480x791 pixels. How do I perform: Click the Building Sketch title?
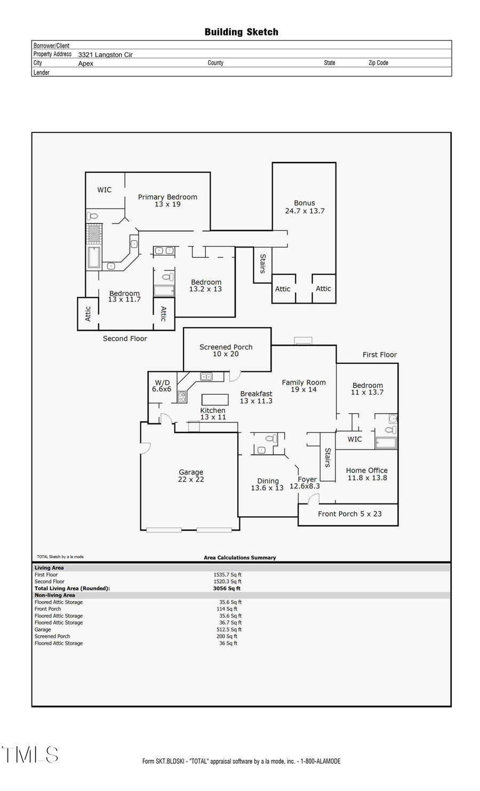(241, 32)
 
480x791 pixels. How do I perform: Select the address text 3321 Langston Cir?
(105, 54)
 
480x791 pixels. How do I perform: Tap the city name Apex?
(85, 63)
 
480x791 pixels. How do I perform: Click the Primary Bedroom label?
(167, 197)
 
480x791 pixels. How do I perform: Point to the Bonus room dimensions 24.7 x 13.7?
(305, 211)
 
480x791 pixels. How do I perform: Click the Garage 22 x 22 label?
(191, 476)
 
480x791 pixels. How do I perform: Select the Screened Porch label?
(226, 347)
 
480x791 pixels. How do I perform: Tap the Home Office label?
(367, 470)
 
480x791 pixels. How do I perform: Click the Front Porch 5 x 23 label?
(350, 514)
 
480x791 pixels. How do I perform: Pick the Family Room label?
(303, 382)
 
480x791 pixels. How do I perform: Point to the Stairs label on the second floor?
(262, 263)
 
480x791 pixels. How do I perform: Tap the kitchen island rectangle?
(215, 400)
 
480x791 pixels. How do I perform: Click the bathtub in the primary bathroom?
(94, 258)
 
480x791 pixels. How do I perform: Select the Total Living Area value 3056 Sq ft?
(227, 588)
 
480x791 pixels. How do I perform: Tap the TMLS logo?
(30, 755)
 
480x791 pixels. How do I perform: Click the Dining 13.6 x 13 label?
(267, 484)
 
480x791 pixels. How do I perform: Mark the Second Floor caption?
(125, 338)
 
